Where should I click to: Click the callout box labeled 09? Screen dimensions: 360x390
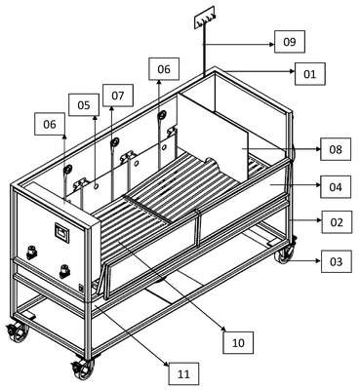click(x=290, y=42)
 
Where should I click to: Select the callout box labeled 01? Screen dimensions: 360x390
click(x=309, y=74)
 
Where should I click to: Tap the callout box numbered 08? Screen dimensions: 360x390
click(x=336, y=149)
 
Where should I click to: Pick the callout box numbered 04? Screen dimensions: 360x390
click(x=336, y=187)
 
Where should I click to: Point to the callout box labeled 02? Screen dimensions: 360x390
click(x=337, y=222)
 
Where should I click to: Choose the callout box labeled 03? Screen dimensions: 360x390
click(x=337, y=261)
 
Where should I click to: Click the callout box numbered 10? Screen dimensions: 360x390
click(x=238, y=342)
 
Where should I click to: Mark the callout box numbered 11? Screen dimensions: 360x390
click(x=183, y=373)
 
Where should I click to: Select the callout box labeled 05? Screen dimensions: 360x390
click(x=84, y=104)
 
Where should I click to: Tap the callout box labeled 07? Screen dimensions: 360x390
click(x=118, y=96)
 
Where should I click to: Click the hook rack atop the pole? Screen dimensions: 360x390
click(x=205, y=20)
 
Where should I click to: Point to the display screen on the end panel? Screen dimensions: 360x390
click(x=61, y=232)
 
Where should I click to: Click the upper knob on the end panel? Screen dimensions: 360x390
click(x=31, y=253)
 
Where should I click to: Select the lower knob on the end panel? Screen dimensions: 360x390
click(x=65, y=271)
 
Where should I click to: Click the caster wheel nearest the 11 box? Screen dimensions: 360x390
click(x=82, y=368)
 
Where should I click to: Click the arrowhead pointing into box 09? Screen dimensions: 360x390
click(x=272, y=44)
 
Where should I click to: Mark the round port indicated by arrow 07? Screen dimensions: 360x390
click(x=114, y=142)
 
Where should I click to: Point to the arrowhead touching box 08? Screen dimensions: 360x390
click(x=318, y=149)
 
